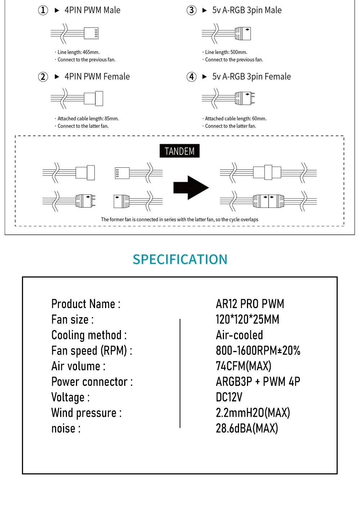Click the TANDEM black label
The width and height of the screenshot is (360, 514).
tap(179, 151)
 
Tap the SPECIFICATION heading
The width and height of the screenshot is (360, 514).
tap(180, 259)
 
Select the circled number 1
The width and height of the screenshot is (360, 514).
tap(43, 10)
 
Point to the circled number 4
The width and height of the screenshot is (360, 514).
tap(192, 77)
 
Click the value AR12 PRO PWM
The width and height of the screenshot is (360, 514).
tap(250, 304)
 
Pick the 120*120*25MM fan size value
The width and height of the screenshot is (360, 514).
tap(247, 319)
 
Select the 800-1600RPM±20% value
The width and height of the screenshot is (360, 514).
tap(258, 351)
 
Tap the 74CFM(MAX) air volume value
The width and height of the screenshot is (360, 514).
tap(243, 366)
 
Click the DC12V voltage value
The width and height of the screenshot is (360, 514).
tap(229, 397)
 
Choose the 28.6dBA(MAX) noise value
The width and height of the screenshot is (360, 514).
tap(247, 428)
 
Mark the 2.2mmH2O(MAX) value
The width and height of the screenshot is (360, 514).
tap(253, 413)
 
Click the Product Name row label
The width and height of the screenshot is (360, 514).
tap(86, 304)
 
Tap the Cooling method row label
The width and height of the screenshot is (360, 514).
tap(89, 335)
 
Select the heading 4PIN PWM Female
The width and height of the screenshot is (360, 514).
tap(97, 77)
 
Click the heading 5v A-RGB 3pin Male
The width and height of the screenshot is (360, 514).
tap(247, 10)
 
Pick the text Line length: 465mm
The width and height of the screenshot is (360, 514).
tap(78, 52)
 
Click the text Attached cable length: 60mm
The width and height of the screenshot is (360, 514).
tap(235, 118)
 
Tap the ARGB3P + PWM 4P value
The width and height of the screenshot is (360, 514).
tap(258, 382)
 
